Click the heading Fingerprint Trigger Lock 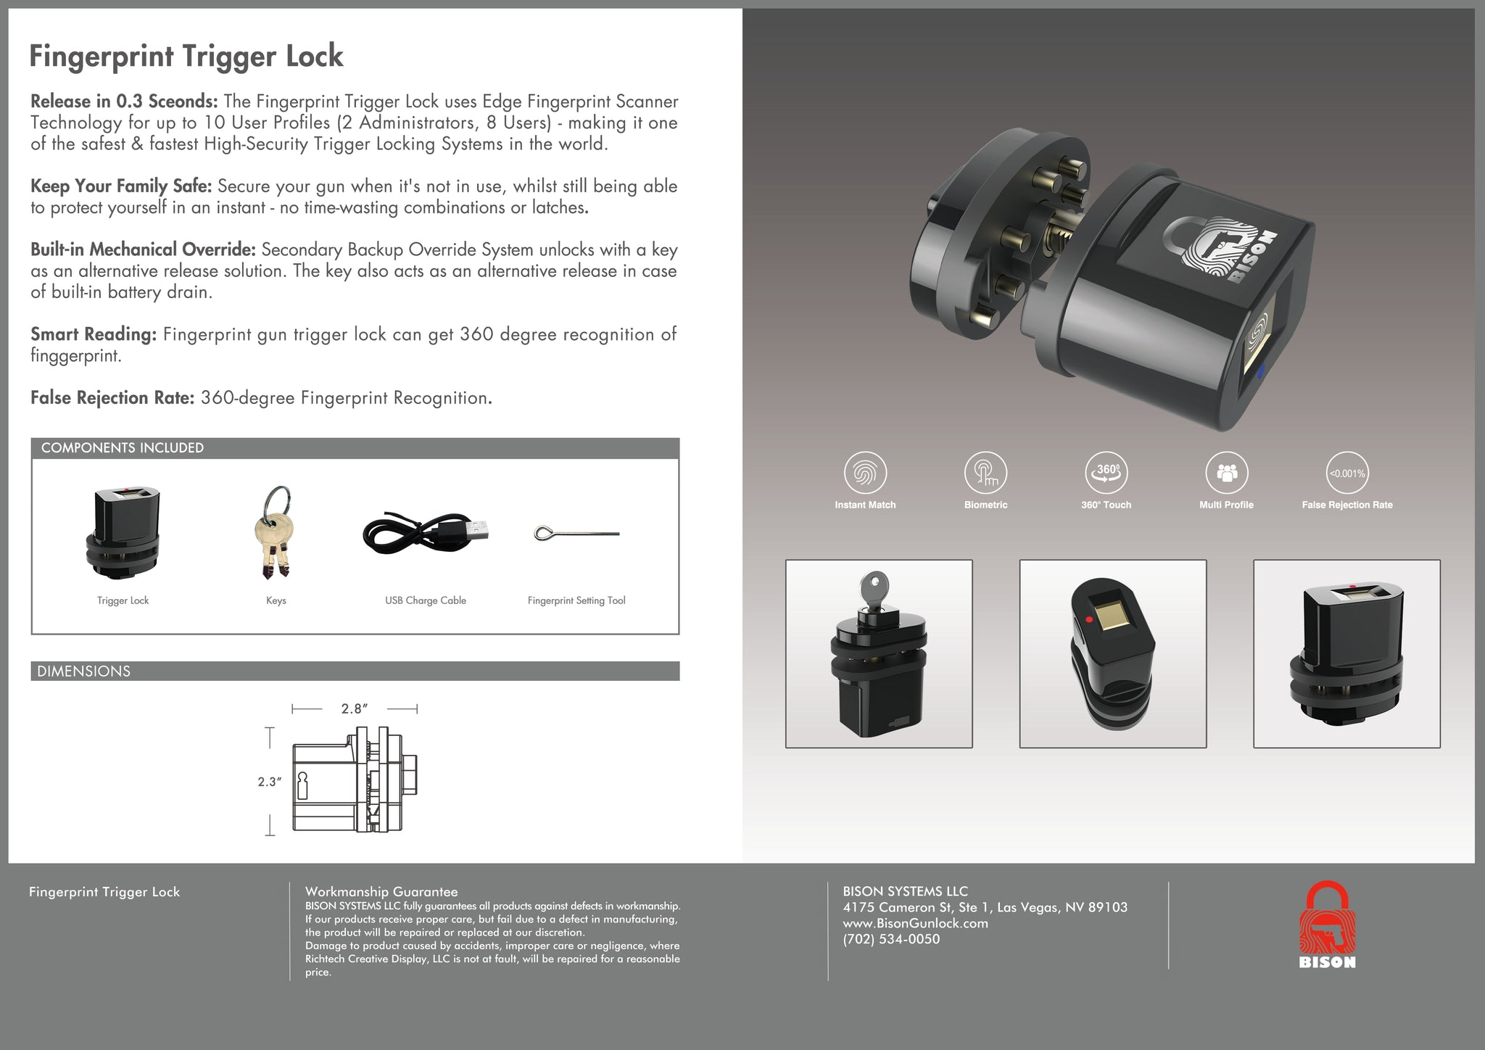pyautogui.click(x=186, y=57)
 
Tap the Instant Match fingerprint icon pyautogui.click(x=865, y=474)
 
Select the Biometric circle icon pyautogui.click(x=985, y=474)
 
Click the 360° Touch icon pyautogui.click(x=1106, y=474)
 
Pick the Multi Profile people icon pyautogui.click(x=1227, y=474)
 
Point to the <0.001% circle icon pyautogui.click(x=1347, y=474)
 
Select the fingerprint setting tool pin pyautogui.click(x=576, y=534)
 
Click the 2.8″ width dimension pyautogui.click(x=355, y=708)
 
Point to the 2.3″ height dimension pyautogui.click(x=269, y=782)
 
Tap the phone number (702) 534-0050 pyautogui.click(x=891, y=939)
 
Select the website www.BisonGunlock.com pyautogui.click(x=915, y=923)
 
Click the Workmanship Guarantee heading pyautogui.click(x=381, y=892)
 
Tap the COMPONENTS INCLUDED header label pyautogui.click(x=123, y=448)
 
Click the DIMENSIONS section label pyautogui.click(x=84, y=671)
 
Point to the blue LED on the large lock pyautogui.click(x=1260, y=373)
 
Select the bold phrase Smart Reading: pyautogui.click(x=94, y=334)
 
